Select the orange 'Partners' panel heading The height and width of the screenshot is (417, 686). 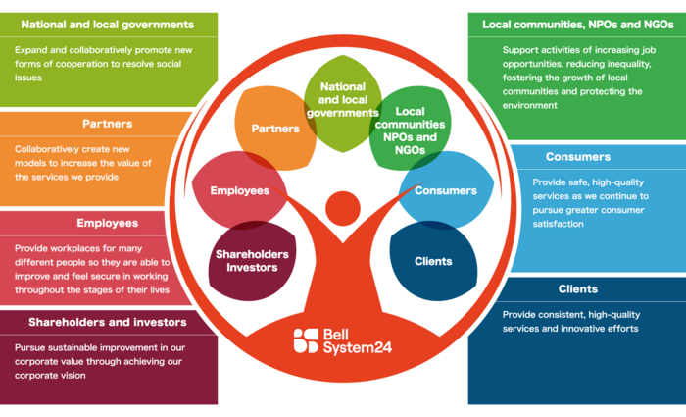click(x=109, y=124)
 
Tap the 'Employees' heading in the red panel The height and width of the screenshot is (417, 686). click(x=108, y=223)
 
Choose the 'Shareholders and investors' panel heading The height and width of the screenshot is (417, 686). click(x=108, y=322)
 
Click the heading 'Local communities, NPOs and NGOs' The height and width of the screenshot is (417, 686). click(x=577, y=24)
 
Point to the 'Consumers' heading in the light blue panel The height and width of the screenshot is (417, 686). click(x=577, y=156)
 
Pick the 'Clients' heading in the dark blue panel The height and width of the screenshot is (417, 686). click(x=577, y=289)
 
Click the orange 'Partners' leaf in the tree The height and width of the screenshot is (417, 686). click(x=275, y=129)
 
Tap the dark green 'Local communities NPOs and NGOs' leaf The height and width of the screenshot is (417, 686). click(x=409, y=130)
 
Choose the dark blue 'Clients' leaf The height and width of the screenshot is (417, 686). click(x=433, y=261)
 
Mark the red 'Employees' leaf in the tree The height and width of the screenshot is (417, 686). click(x=240, y=190)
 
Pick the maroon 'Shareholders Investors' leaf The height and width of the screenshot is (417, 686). click(x=252, y=261)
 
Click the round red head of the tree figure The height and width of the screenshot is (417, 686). click(x=343, y=208)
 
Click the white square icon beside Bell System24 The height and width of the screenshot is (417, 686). click(x=306, y=339)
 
